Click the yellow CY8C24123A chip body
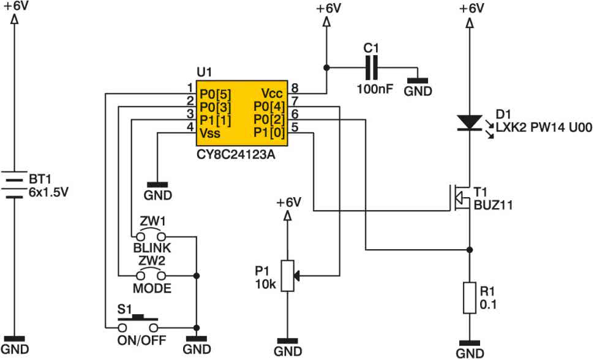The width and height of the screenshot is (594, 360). pyautogui.click(x=242, y=113)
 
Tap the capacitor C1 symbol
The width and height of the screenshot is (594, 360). pyautogui.click(x=371, y=68)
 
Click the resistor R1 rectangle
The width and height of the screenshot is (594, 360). pyautogui.click(x=470, y=298)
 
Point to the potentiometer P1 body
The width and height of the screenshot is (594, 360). pyautogui.click(x=288, y=276)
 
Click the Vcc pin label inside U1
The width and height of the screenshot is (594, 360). pyautogui.click(x=272, y=93)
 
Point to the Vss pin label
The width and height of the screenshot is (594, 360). pyautogui.click(x=210, y=133)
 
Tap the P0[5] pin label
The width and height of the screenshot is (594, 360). pyautogui.click(x=215, y=94)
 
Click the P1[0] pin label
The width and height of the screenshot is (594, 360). pyautogui.click(x=269, y=133)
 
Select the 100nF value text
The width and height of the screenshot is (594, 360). pyautogui.click(x=375, y=89)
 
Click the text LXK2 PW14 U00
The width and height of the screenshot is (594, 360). pyautogui.click(x=544, y=127)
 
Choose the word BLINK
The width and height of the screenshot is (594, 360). pyautogui.click(x=152, y=248)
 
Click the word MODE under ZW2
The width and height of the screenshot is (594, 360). pyautogui.click(x=152, y=288)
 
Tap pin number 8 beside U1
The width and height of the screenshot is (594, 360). pyautogui.click(x=295, y=88)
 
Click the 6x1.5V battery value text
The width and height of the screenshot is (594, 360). pyautogui.click(x=48, y=192)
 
